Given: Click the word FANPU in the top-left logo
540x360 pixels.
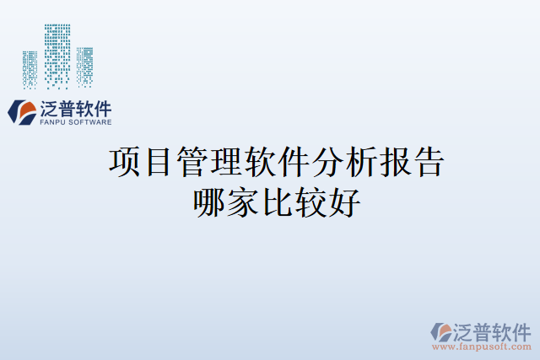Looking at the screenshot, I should tap(52, 122).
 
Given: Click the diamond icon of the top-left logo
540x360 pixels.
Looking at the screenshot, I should tap(21, 112).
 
